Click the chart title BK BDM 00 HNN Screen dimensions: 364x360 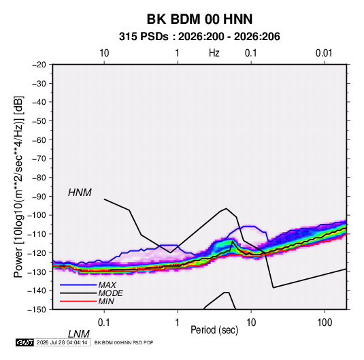tap(199, 19)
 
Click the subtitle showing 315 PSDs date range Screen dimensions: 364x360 tap(199, 37)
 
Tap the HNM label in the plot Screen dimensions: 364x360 tap(80, 193)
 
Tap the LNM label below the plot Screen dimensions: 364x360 tap(78, 334)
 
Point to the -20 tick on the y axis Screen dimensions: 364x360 tap(39, 65)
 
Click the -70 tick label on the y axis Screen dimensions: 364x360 tap(39, 159)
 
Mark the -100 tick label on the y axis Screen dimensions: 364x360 tap(37, 215)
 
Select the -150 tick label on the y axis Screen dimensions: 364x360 tap(37, 310)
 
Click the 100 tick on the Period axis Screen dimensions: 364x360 tap(325, 323)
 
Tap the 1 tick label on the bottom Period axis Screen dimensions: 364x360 tap(178, 323)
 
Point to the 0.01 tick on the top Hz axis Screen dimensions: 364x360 tap(324, 53)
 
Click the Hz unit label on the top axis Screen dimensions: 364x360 tap(214, 53)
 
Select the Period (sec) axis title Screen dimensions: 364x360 tap(214, 330)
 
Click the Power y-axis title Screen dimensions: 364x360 tap(18, 187)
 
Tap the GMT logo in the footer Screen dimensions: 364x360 tap(24, 342)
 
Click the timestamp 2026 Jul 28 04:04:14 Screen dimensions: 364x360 tap(62, 342)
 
